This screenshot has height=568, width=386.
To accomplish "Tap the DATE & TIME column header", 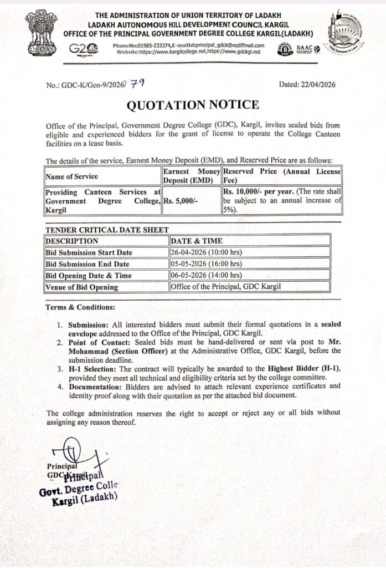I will (197, 241).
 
